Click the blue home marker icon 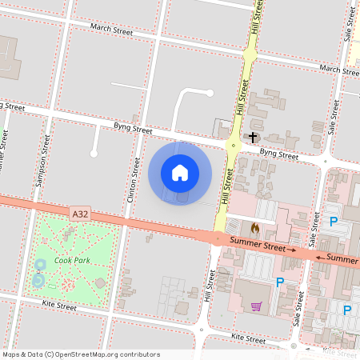pyautogui.click(x=180, y=173)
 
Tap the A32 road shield pyautogui.click(x=79, y=214)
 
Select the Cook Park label pyautogui.click(x=73, y=260)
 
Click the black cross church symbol pyautogui.click(x=253, y=138)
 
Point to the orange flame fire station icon pyautogui.click(x=255, y=228)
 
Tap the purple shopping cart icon pyautogui.click(x=256, y=306)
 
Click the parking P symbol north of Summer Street pyautogui.click(x=334, y=220)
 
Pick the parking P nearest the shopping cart pyautogui.click(x=280, y=282)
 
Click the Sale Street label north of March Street pyautogui.click(x=349, y=23)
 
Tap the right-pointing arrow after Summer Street pyautogui.click(x=292, y=250)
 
